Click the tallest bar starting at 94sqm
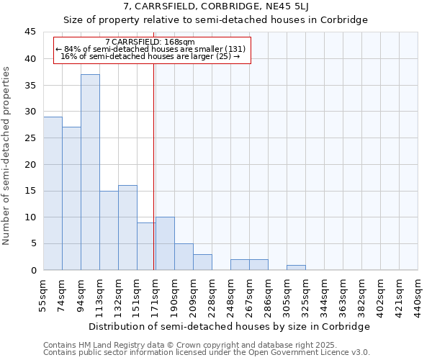click(x=90, y=172)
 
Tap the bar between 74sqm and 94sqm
click(x=71, y=198)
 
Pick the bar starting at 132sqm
click(x=127, y=228)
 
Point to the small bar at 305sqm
click(x=296, y=267)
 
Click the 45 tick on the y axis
click(x=30, y=32)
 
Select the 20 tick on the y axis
click(x=30, y=164)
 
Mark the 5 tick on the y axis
click(x=33, y=243)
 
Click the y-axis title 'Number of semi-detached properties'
click(x=7, y=156)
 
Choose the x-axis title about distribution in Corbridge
click(x=230, y=326)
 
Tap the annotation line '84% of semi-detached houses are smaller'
click(x=151, y=49)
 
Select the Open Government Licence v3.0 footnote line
click(x=207, y=352)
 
